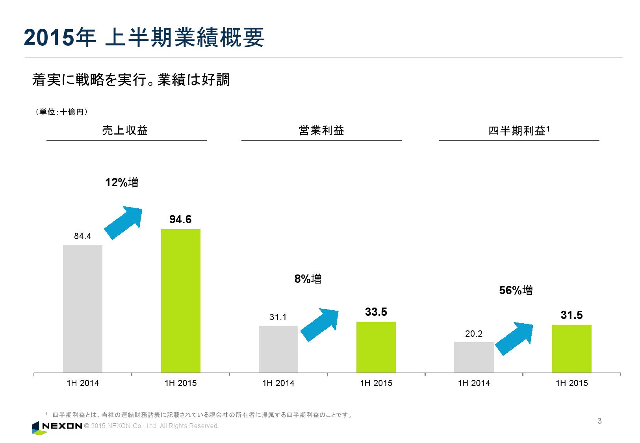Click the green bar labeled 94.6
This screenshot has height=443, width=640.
[181, 301]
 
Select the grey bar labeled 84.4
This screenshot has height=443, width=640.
[83, 309]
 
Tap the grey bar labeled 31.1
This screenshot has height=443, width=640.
[278, 349]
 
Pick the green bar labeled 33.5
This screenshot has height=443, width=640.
[376, 347]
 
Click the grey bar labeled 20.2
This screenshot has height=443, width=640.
[474, 357]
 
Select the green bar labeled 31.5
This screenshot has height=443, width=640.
[571, 348]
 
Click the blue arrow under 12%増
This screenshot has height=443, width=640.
[123, 222]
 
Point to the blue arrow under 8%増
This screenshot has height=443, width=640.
[319, 324]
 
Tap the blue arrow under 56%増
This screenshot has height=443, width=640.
[514, 338]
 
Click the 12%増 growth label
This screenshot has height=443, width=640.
[122, 183]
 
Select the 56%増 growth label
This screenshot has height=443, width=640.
[516, 291]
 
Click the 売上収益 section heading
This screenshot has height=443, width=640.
[125, 130]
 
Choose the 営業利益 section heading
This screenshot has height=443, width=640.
[321, 130]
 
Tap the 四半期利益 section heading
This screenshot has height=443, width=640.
[519, 131]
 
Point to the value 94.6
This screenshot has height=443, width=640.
[180, 220]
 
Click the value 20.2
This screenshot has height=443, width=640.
[474, 334]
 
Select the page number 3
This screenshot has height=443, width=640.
[599, 421]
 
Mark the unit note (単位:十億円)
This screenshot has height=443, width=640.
[61, 112]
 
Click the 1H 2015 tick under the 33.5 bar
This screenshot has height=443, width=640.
[376, 383]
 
